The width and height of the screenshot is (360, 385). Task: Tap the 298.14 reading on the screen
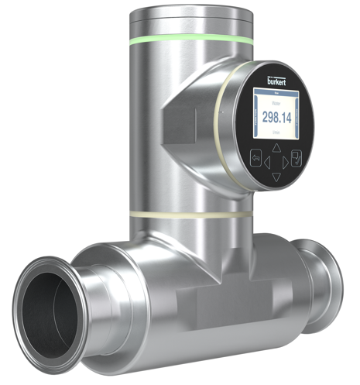click(x=276, y=117)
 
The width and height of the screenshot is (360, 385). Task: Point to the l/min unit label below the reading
click(x=276, y=132)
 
